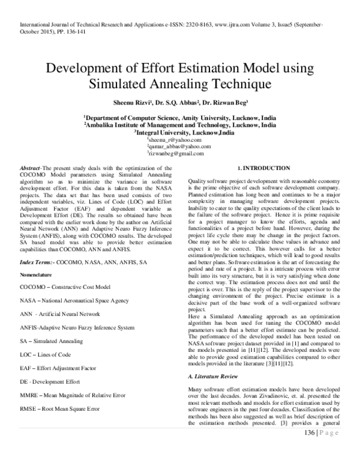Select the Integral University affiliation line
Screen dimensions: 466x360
[179, 132]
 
